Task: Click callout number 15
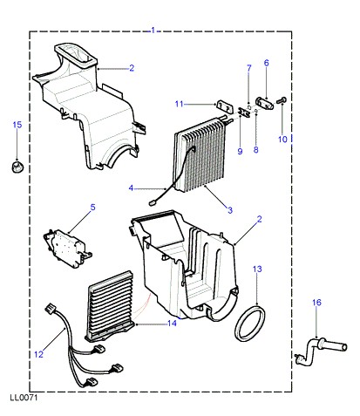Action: coord(17,125)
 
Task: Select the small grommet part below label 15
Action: coord(17,167)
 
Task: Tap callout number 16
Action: coord(316,303)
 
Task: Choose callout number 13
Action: coord(257,269)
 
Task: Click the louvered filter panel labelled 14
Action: coord(109,305)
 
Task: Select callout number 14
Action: coord(172,323)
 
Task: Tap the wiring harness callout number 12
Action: coord(38,354)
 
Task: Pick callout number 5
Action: coord(92,208)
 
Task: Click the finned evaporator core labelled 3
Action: coord(201,154)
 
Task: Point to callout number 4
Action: coord(131,188)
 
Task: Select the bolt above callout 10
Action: coord(282,100)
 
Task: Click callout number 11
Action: coord(179,104)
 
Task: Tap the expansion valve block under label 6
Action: coord(264,104)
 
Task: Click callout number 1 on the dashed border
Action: coord(153,31)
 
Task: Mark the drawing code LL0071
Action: coord(24,398)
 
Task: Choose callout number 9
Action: coord(240,151)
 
